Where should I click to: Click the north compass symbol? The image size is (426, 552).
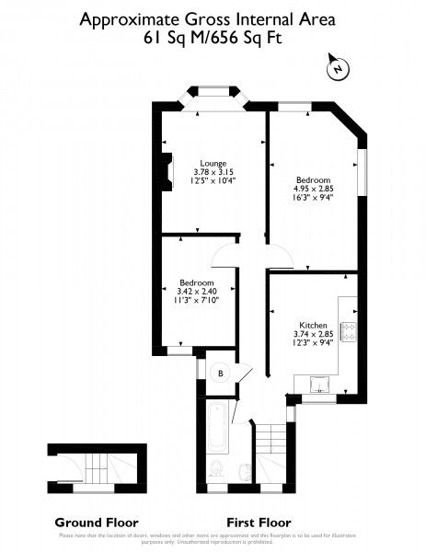point(338,68)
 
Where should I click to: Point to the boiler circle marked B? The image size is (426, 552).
point(220,373)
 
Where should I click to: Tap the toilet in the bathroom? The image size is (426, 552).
point(215,470)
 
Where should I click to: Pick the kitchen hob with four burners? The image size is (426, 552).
point(349,331)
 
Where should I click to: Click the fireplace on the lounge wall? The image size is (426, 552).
point(166,172)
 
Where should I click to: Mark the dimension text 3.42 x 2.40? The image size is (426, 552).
point(197,291)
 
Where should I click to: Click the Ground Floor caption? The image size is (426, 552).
point(89,521)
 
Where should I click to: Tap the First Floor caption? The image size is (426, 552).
point(258,521)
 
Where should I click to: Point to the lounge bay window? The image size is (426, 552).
point(218,91)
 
